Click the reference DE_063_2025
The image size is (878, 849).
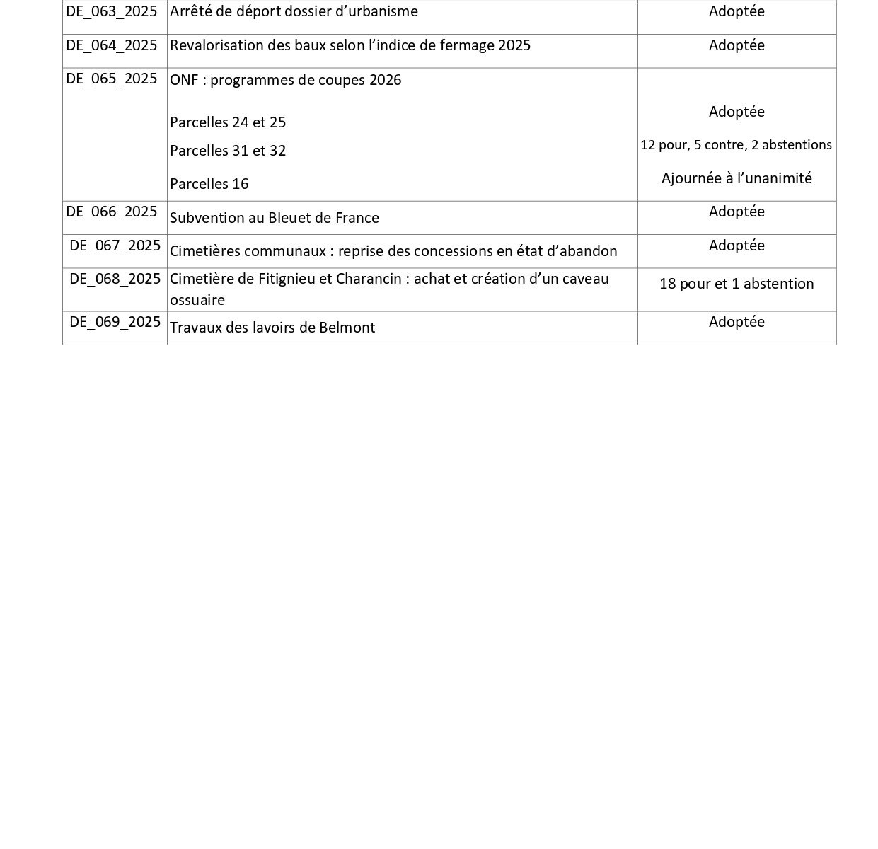coord(112,11)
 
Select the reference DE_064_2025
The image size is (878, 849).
coord(112,45)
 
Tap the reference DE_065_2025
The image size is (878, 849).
coord(112,79)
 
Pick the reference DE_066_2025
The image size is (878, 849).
coord(112,212)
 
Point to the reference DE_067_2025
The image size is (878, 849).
coord(115,246)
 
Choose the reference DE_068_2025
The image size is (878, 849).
coord(115,279)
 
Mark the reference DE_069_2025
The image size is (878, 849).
coord(115,322)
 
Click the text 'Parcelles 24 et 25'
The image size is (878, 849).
coord(228,122)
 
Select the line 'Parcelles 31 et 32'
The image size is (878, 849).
coord(228,151)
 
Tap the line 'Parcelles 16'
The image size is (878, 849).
coord(209,184)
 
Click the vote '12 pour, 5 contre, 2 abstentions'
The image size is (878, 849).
coord(736,145)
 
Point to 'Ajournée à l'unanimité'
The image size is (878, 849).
coord(737,178)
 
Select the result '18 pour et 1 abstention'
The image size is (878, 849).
coord(737,284)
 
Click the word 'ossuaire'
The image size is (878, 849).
coord(197,300)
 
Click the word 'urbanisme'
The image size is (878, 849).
coord(386,11)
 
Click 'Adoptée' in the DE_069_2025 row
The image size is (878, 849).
coord(737,322)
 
